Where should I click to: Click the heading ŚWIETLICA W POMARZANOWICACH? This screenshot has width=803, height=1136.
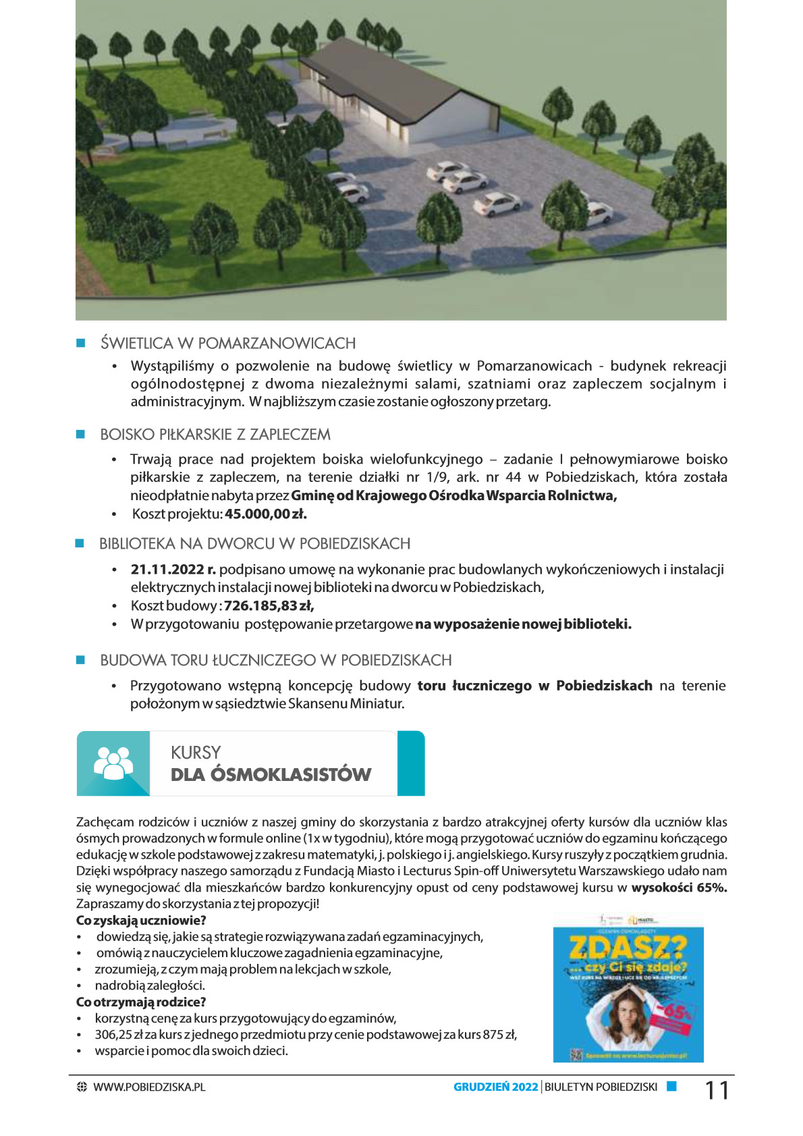tap(228, 343)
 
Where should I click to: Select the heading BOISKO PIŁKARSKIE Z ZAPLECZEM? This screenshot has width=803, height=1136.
tap(215, 435)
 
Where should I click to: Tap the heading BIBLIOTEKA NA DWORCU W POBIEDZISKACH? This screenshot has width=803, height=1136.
tap(254, 544)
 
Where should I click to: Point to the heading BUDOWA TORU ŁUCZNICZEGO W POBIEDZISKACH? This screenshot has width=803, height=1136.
tap(276, 660)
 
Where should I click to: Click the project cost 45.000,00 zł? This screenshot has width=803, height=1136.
tap(266, 514)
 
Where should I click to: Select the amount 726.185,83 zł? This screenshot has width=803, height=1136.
tap(269, 605)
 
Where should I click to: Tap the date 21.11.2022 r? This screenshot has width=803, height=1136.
tap(173, 569)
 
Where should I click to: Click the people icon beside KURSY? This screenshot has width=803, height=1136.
tap(113, 763)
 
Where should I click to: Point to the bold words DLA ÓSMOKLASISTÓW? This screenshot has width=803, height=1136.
tap(271, 774)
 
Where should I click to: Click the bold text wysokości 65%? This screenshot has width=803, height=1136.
tap(679, 888)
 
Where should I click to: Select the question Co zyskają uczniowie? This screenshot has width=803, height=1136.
tap(141, 920)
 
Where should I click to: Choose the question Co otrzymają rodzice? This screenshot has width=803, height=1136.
tap(141, 1002)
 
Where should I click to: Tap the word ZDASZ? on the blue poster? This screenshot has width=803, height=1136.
tap(628, 948)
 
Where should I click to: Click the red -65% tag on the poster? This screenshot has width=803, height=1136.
tap(675, 1013)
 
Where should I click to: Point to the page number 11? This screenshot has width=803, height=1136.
tap(717, 1090)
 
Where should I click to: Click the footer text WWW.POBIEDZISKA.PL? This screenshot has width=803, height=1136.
tap(149, 1087)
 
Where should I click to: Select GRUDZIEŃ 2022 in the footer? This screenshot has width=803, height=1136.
tap(495, 1087)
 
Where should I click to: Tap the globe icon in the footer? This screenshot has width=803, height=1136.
tap(82, 1087)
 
